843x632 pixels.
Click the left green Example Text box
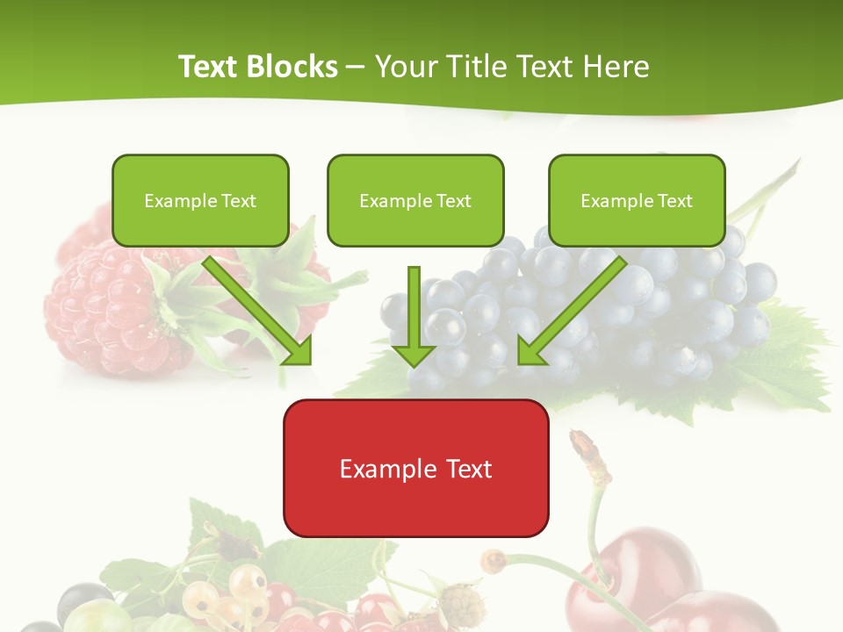pyautogui.click(x=200, y=200)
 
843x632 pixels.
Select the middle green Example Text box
pyautogui.click(x=415, y=200)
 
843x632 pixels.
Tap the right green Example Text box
pyautogui.click(x=637, y=200)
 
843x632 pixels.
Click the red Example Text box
pyautogui.click(x=415, y=468)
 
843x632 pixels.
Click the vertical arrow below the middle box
pyautogui.click(x=414, y=316)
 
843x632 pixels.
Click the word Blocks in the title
pyautogui.click(x=292, y=67)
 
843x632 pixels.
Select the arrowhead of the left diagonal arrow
pyautogui.click(x=299, y=351)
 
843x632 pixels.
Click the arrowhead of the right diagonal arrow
pyautogui.click(x=530, y=351)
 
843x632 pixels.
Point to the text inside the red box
pyautogui.click(x=415, y=469)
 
